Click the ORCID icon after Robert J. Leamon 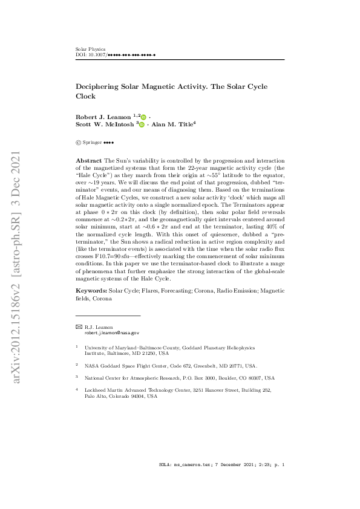click(x=144, y=116)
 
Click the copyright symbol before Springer click(x=79, y=143)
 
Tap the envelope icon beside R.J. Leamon click(x=79, y=327)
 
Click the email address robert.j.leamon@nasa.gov click(x=111, y=333)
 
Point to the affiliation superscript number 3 click(x=77, y=376)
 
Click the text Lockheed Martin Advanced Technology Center click(x=139, y=391)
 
